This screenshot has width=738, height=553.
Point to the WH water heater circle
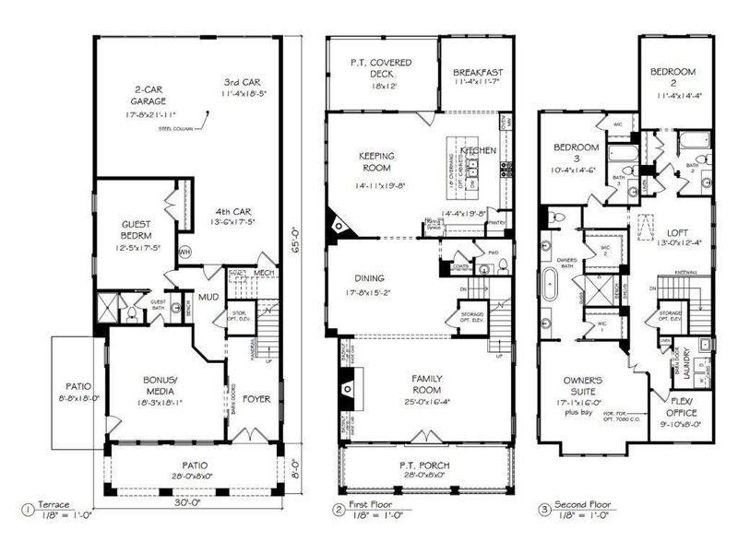pyautogui.click(x=184, y=252)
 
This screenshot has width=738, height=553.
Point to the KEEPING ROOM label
pyautogui.click(x=376, y=163)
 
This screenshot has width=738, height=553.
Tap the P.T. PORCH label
pyautogui.click(x=424, y=466)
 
